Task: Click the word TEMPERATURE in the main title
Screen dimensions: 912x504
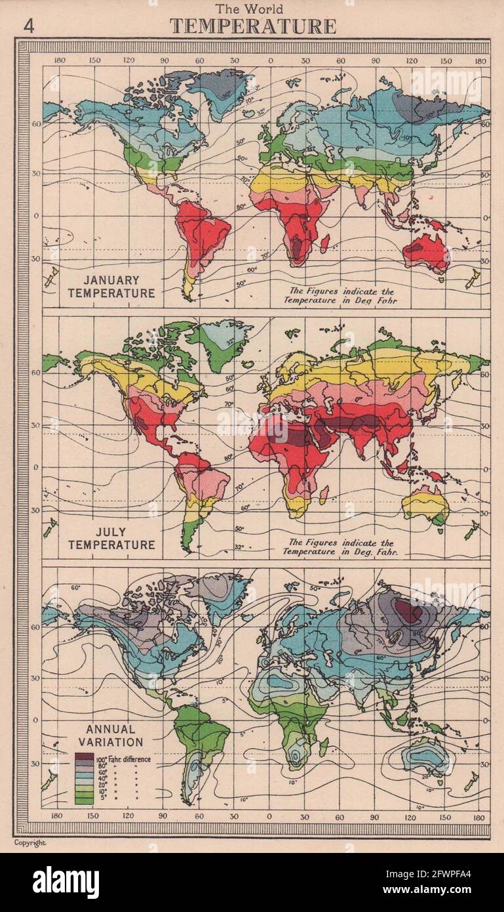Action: (x=252, y=26)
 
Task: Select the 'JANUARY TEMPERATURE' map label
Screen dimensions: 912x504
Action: (x=111, y=287)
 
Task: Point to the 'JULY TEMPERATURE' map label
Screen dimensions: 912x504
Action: (x=111, y=538)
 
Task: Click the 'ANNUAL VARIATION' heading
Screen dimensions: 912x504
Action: (x=110, y=736)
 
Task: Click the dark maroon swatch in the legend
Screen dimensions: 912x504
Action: (x=84, y=757)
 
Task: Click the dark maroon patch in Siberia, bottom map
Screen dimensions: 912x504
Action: (x=409, y=611)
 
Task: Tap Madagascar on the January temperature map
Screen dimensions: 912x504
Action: (x=324, y=243)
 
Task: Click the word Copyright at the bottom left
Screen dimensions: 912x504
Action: (x=30, y=842)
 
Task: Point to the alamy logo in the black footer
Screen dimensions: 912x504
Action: (x=66, y=882)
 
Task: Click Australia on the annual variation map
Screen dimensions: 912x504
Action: (x=427, y=756)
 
